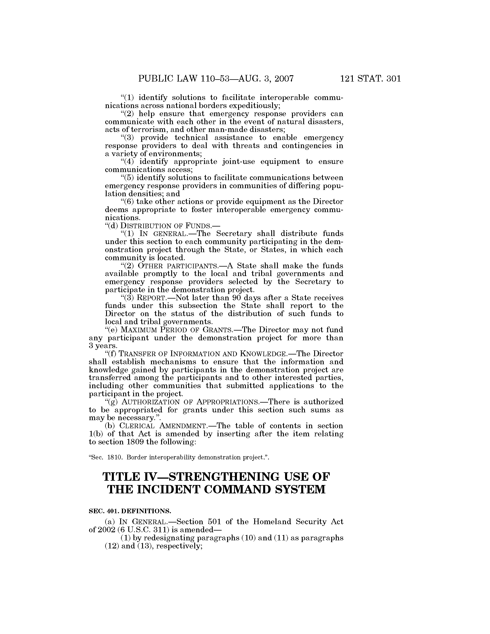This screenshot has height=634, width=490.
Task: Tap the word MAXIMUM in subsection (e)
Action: (134, 330)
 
